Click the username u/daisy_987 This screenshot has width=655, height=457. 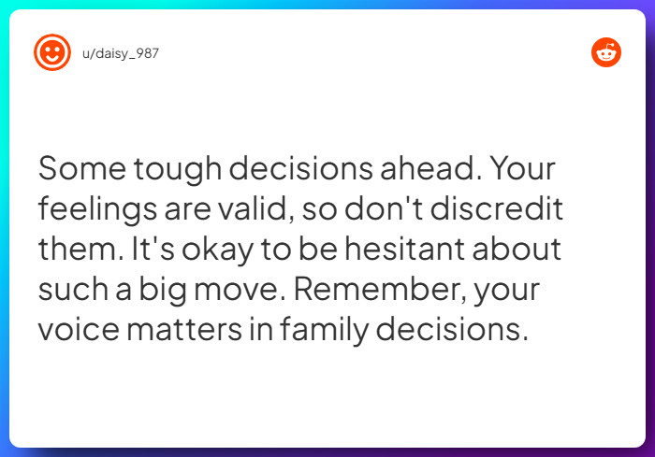click(x=121, y=53)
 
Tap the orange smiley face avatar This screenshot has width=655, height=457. click(x=52, y=52)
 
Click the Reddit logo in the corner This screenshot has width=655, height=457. click(x=606, y=52)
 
